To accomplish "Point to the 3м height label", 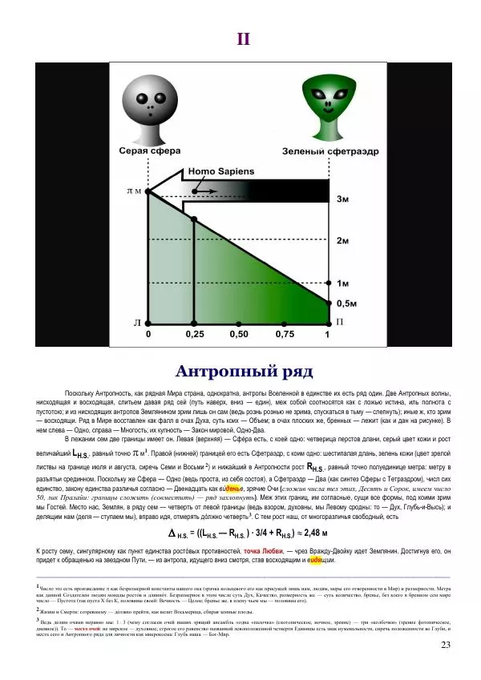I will click(x=342, y=198).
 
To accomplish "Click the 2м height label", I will click(x=342, y=240).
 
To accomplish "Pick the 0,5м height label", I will click(x=346, y=304).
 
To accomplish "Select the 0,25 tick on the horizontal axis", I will click(x=194, y=334).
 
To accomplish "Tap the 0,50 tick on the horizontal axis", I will click(x=239, y=334).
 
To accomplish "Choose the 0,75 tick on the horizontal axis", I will click(x=284, y=334).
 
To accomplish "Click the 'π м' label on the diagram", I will click(x=134, y=191).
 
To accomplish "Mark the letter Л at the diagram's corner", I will click(x=137, y=322).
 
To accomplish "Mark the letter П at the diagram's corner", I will click(x=340, y=322).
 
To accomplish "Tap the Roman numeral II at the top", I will click(x=245, y=39).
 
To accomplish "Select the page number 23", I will click(x=447, y=646).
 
